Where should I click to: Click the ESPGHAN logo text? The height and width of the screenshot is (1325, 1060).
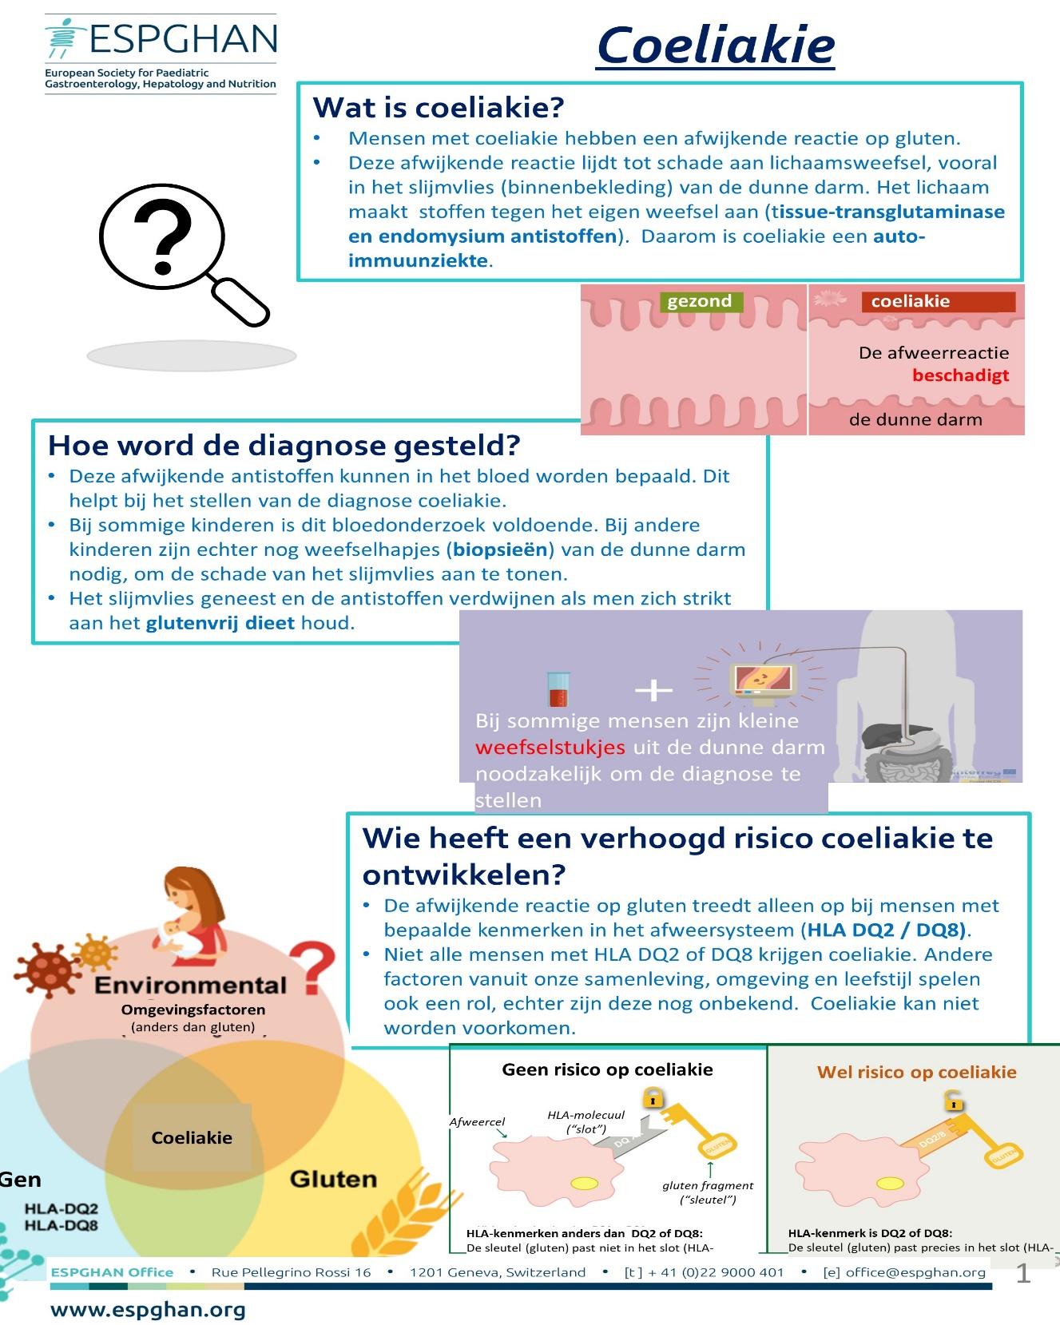click(x=183, y=38)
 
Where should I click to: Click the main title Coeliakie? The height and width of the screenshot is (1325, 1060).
click(x=715, y=46)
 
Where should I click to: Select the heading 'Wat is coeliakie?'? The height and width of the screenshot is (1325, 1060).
click(x=438, y=107)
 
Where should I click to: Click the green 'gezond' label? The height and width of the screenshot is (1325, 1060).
click(x=700, y=301)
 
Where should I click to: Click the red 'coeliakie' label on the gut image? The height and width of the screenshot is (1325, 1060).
click(x=911, y=301)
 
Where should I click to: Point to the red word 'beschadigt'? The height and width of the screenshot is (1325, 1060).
click(x=960, y=375)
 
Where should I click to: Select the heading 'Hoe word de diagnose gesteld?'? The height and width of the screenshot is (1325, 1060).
click(x=284, y=445)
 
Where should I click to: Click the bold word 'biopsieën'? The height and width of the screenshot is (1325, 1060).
click(x=501, y=549)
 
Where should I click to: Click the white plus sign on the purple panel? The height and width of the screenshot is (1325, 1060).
click(x=653, y=689)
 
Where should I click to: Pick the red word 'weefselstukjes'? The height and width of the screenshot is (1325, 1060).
click(x=550, y=748)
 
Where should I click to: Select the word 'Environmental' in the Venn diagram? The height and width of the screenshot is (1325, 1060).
click(x=190, y=986)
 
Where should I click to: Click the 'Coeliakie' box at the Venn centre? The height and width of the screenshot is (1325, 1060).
click(x=192, y=1137)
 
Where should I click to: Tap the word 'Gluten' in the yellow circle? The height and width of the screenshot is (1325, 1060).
click(x=332, y=1179)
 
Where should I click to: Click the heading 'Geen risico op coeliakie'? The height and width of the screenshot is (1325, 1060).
click(x=607, y=1069)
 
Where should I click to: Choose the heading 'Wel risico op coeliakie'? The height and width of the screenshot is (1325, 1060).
click(x=916, y=1072)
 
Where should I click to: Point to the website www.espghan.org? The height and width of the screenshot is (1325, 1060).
click(x=148, y=1310)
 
